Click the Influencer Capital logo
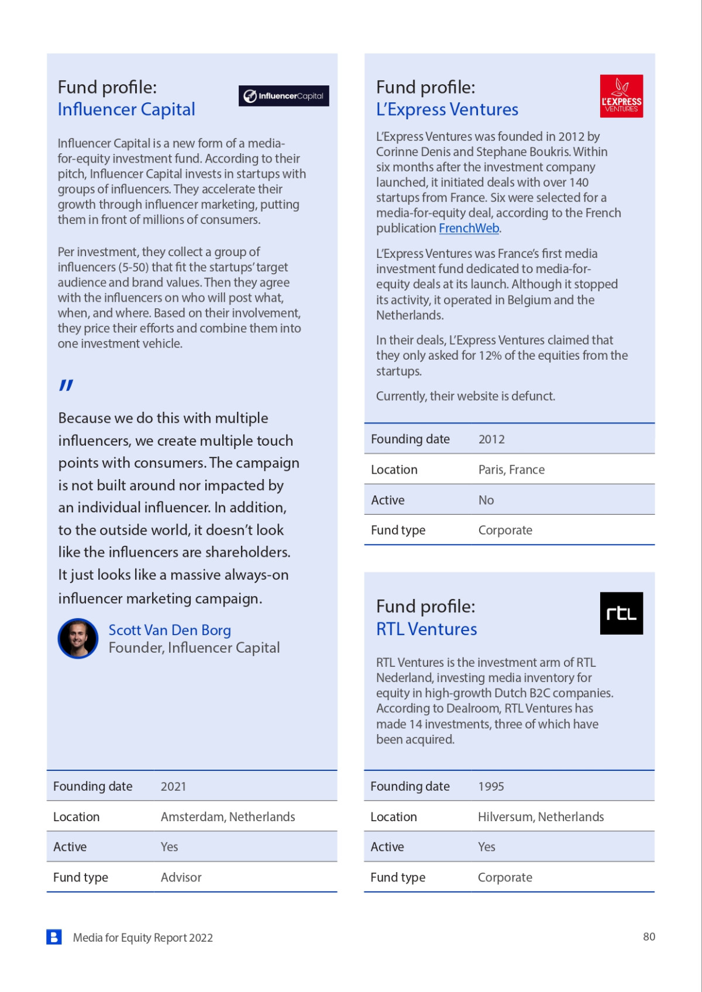(x=284, y=96)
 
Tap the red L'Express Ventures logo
(x=621, y=96)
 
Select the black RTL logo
(x=621, y=613)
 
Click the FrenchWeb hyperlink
(x=469, y=228)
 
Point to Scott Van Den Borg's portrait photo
(x=78, y=638)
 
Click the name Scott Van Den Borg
(x=170, y=630)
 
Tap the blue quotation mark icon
(x=66, y=385)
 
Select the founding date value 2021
(x=173, y=786)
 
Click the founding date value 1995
(x=491, y=786)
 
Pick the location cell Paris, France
(x=511, y=470)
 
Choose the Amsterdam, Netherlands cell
(x=228, y=817)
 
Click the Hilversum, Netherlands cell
(x=541, y=817)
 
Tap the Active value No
(x=486, y=500)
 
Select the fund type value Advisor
(x=181, y=877)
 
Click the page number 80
(x=649, y=936)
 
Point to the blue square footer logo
(x=54, y=937)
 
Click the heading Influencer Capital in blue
(x=126, y=109)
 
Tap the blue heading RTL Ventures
(x=426, y=629)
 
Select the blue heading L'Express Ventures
(x=447, y=109)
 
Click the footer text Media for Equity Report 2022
(x=143, y=938)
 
